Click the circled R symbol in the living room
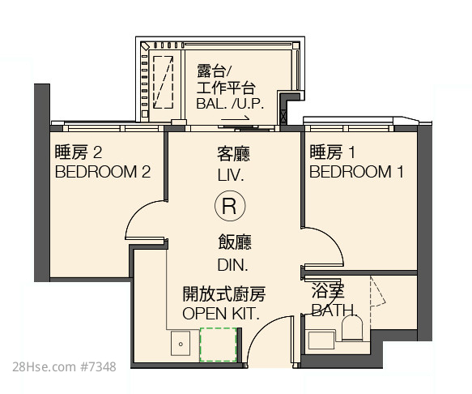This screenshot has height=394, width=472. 230,206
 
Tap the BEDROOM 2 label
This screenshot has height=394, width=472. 103,172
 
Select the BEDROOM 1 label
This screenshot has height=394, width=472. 356,172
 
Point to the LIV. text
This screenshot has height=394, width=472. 231,175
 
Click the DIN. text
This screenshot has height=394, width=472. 232,264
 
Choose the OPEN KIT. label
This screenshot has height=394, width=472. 221,314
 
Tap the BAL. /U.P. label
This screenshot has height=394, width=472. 230,104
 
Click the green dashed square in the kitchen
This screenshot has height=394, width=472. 219,345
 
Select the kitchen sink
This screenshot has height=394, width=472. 181,344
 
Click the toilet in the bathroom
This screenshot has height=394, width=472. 352,328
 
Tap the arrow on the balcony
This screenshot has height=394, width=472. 236,118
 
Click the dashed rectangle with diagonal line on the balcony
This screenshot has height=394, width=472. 163,82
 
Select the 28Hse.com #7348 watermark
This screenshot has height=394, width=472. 64,367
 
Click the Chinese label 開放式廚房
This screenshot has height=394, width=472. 224,294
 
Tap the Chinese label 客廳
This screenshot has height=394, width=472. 233,154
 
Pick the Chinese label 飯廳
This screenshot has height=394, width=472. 235,242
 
